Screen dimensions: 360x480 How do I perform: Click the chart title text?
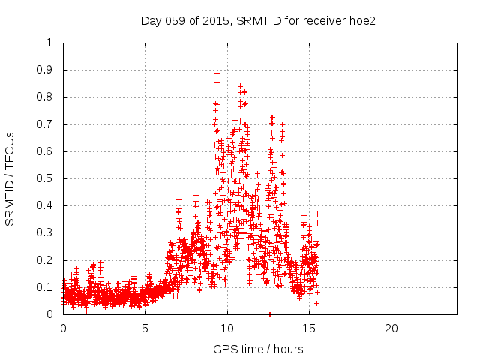258,20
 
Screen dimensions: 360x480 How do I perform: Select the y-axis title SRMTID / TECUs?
10,178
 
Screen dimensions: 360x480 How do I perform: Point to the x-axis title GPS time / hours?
258,349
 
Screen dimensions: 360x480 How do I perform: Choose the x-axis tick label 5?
145,328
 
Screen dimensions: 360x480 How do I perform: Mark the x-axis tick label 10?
227,328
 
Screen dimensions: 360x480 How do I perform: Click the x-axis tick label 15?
309,328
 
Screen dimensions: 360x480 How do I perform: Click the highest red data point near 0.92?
217,65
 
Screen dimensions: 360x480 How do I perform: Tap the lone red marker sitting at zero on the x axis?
269,314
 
